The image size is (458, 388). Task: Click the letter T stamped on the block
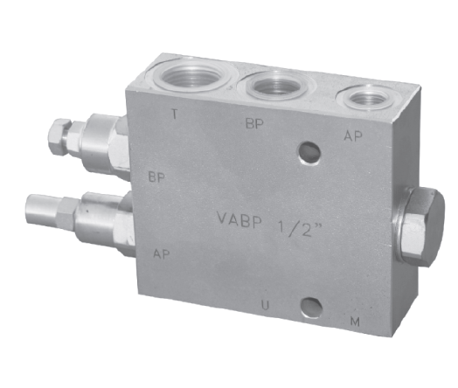click(175, 114)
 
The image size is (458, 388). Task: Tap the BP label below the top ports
click(254, 123)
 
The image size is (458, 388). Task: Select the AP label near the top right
click(353, 135)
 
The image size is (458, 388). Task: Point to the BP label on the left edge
click(156, 177)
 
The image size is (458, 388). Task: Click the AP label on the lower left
click(162, 253)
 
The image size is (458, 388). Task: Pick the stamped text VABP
click(239, 220)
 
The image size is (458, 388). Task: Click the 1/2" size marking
click(300, 228)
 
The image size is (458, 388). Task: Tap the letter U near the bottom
click(265, 305)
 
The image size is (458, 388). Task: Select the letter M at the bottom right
click(355, 322)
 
